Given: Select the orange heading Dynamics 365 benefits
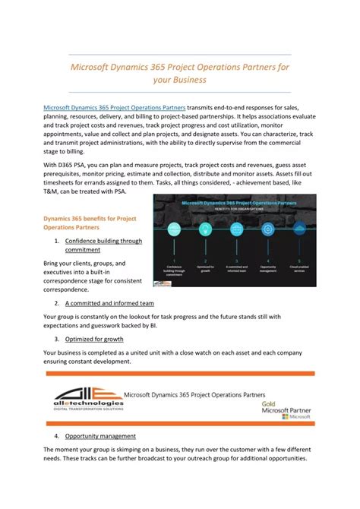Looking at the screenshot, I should coord(89,219).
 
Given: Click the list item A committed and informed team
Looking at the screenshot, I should coord(111,303).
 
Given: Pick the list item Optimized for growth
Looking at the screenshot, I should coord(94,339).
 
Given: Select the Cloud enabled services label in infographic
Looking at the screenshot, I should coord(298,270).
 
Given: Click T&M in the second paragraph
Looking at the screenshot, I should coord(52,192).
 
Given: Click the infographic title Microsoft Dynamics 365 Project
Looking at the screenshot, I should coord(235,202).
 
